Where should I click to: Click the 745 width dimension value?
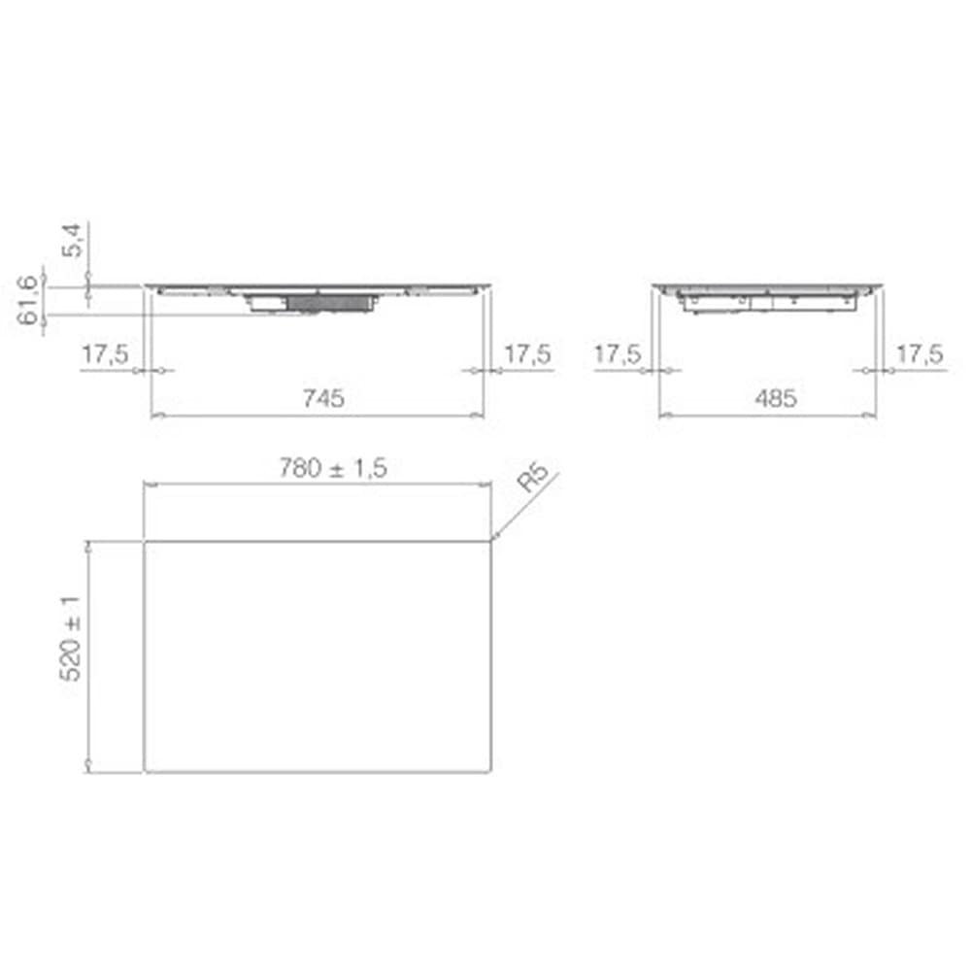[323, 398]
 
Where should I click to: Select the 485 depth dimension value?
[775, 398]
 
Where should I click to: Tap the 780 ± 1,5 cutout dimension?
[333, 468]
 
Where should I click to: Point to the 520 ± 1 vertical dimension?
[71, 639]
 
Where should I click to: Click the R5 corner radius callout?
[533, 477]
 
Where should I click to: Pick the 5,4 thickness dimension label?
[72, 240]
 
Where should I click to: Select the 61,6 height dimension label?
[28, 300]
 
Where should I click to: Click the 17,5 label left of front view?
[105, 354]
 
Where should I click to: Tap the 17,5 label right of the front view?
[527, 354]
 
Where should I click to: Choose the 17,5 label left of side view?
[618, 354]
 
